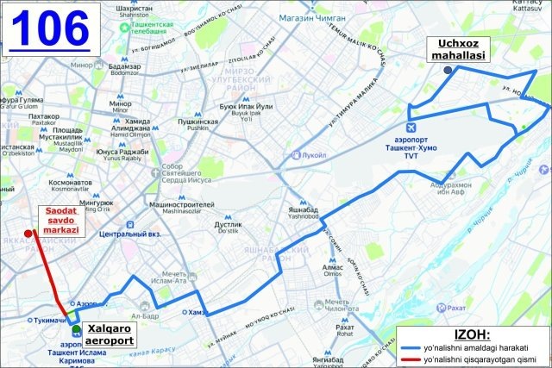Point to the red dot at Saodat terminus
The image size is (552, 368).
[28, 233]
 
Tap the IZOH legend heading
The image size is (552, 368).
[470, 334]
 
